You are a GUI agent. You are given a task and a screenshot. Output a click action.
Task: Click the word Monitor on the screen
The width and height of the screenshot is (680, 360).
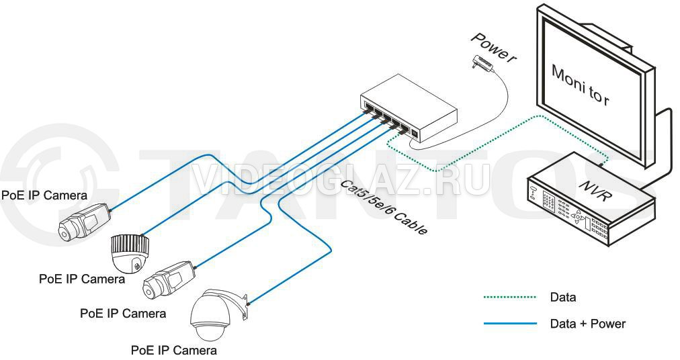[581, 85]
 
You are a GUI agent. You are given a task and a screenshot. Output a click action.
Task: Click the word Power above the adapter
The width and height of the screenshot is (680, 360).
[493, 48]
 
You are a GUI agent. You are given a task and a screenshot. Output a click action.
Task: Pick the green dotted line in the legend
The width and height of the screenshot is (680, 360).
[510, 298]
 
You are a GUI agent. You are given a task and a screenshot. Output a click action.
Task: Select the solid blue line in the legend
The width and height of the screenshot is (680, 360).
[510, 324]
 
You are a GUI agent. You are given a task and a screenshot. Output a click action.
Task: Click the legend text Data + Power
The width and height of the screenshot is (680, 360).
[588, 324]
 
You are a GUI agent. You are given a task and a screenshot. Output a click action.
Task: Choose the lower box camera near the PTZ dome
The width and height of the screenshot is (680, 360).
[169, 280]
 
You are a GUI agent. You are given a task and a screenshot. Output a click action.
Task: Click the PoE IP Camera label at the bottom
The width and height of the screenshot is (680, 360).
[174, 350]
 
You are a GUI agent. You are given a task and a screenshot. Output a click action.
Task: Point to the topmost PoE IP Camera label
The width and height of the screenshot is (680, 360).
[44, 195]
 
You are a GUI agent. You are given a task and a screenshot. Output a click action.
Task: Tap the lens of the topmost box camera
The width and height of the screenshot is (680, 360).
[65, 231]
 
